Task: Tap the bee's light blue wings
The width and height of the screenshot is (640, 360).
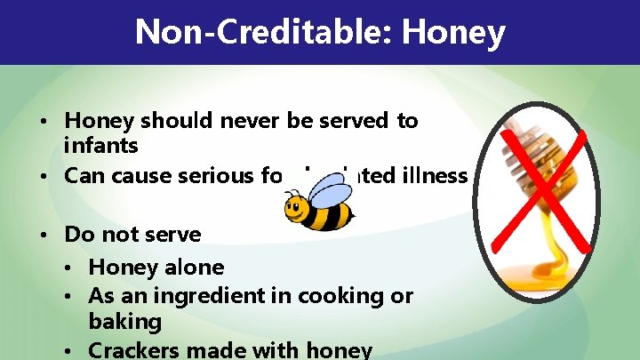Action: (x=326, y=187)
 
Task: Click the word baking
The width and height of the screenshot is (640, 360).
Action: (x=124, y=320)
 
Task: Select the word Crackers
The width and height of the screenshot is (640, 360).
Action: (x=133, y=349)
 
